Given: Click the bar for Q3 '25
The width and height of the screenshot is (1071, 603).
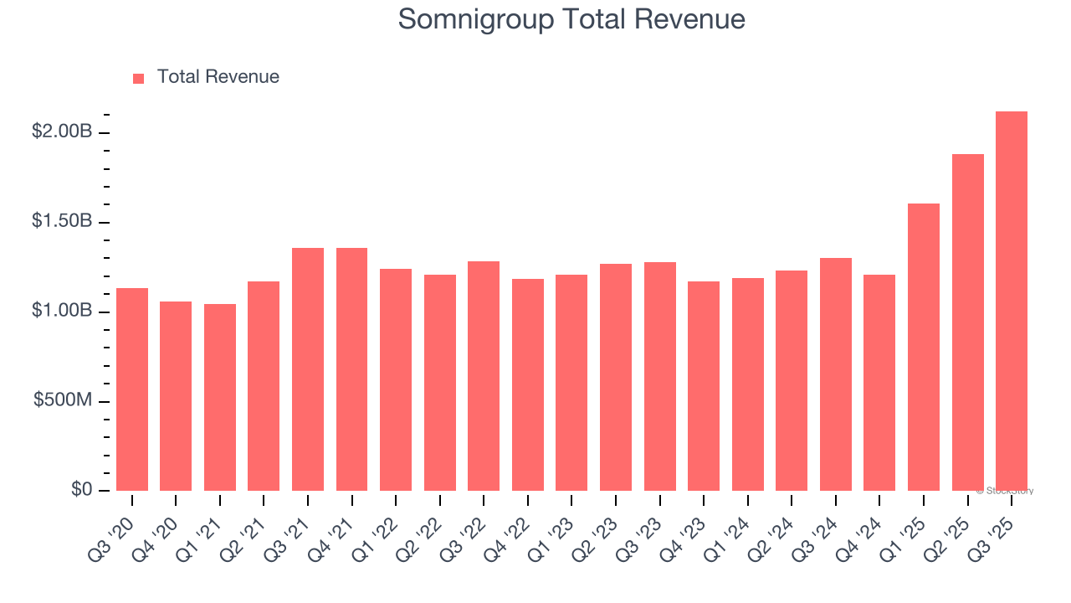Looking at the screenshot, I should [1012, 301].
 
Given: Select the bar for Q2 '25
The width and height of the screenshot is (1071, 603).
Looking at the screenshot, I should [968, 322].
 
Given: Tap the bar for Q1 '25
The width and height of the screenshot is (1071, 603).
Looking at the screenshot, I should [924, 347].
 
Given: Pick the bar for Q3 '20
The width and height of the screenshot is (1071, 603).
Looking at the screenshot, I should [132, 389].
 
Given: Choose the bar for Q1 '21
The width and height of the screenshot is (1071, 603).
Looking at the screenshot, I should [220, 397].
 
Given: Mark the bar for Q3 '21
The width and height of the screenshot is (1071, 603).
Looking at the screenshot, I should [308, 369].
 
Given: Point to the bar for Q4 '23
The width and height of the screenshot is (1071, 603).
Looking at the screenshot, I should [704, 386].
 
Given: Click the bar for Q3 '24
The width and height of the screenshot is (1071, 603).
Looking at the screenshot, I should [836, 374].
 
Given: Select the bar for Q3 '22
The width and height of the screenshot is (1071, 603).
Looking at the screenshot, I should [484, 376].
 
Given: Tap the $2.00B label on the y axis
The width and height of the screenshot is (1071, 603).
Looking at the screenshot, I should [63, 131].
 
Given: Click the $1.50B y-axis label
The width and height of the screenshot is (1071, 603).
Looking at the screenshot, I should [63, 221].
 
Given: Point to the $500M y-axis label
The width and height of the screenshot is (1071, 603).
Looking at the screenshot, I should [63, 400].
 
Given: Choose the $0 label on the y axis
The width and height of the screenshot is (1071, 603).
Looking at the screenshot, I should [80, 489].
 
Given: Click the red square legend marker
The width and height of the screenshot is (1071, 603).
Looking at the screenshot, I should [139, 79].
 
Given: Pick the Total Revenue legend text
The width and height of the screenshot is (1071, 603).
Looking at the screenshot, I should [218, 77].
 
